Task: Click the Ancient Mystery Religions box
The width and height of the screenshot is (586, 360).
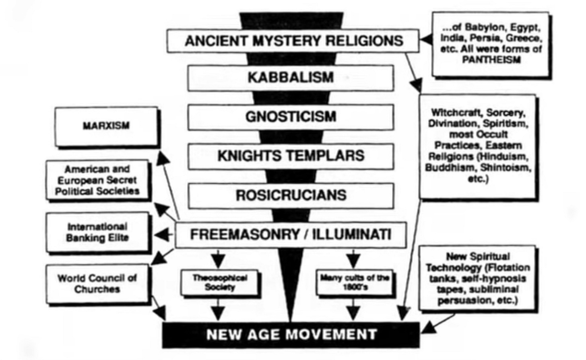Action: click(x=293, y=41)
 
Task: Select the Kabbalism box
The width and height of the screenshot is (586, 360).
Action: click(x=291, y=77)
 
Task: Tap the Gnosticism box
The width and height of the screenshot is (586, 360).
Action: click(x=291, y=117)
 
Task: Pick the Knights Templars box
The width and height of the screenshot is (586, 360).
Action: click(x=291, y=156)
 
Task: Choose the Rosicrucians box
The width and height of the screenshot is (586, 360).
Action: click(x=291, y=195)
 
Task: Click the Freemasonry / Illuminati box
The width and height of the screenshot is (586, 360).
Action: click(x=291, y=235)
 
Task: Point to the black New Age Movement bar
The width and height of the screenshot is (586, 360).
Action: click(x=291, y=334)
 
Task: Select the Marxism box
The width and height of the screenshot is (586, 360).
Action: click(x=106, y=126)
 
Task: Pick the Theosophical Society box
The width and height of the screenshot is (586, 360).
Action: click(x=219, y=282)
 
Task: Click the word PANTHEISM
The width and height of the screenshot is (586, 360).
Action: click(x=491, y=60)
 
